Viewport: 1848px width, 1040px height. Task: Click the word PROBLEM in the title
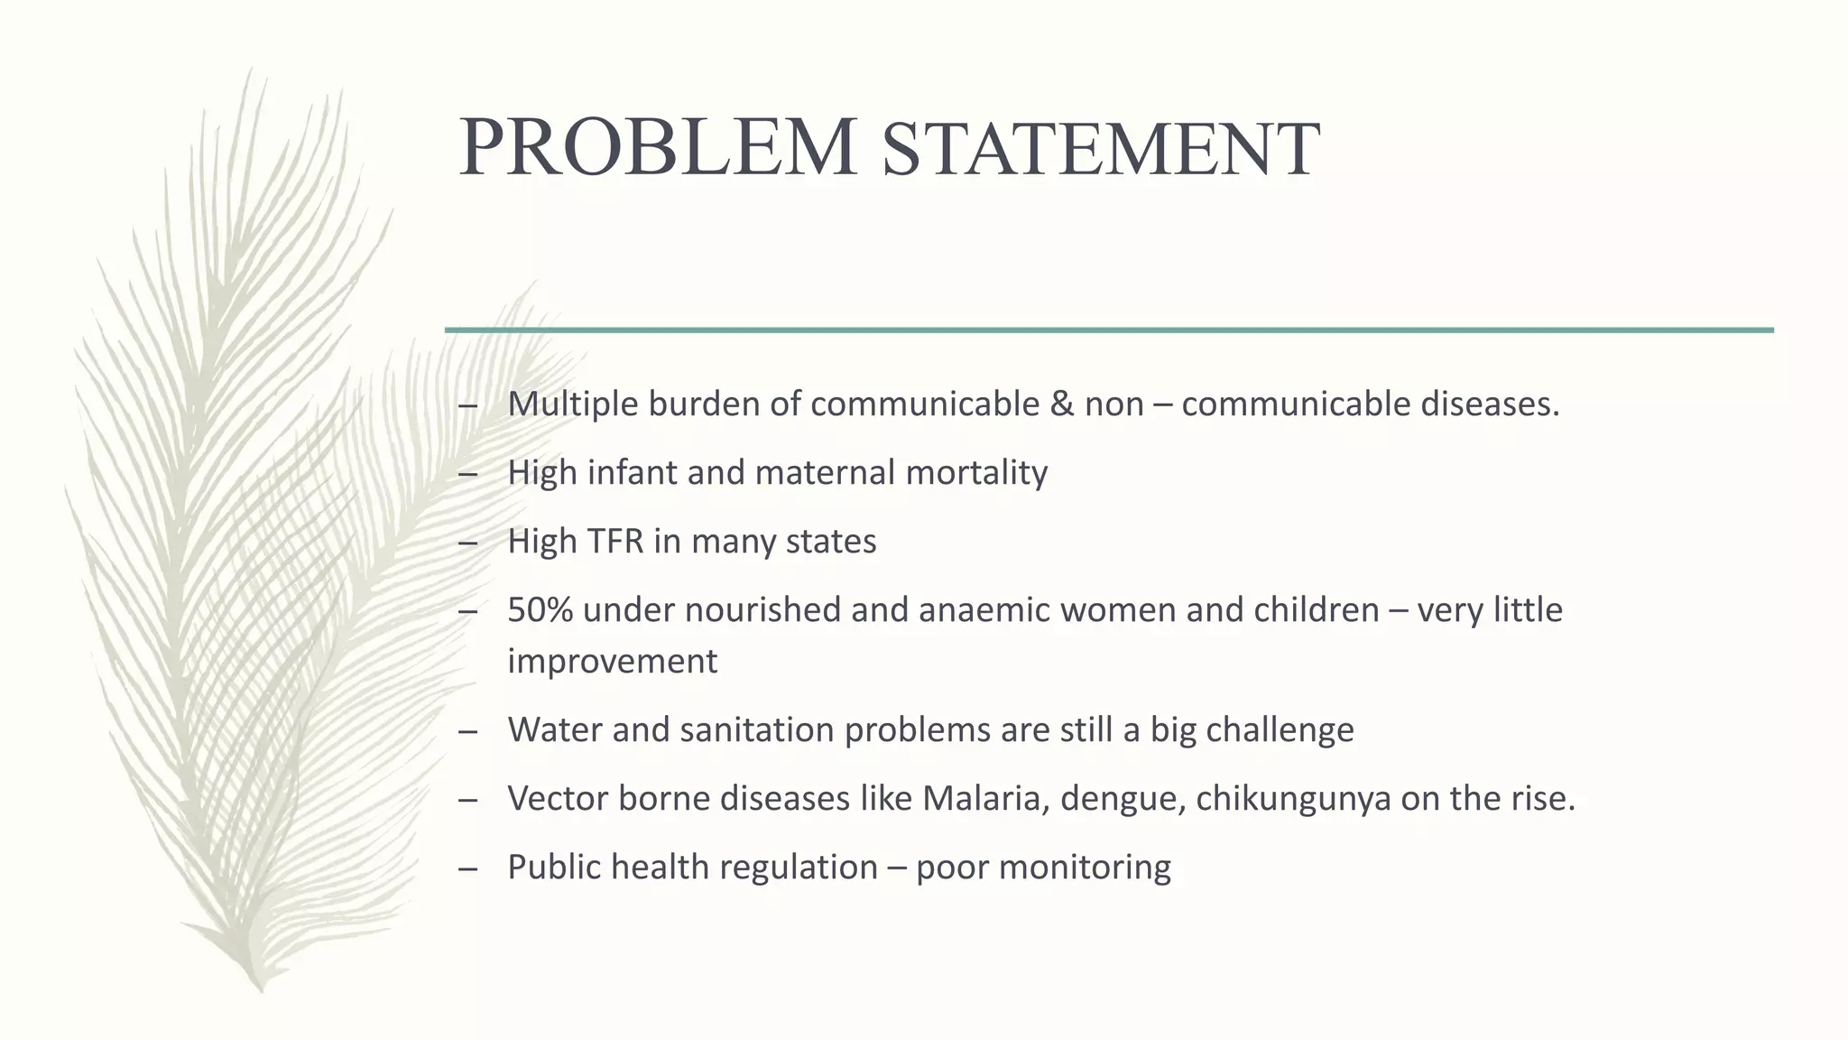(x=658, y=147)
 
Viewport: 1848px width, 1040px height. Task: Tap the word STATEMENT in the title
(x=1101, y=150)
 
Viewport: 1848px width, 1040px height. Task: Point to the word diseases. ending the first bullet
(x=1490, y=404)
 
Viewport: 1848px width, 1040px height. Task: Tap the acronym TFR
(x=614, y=541)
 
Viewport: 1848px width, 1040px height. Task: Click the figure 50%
(x=540, y=609)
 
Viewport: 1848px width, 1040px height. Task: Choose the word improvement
(x=612, y=661)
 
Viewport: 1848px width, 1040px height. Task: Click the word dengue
(x=1123, y=798)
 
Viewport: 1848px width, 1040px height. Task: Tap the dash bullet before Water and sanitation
(x=467, y=729)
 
